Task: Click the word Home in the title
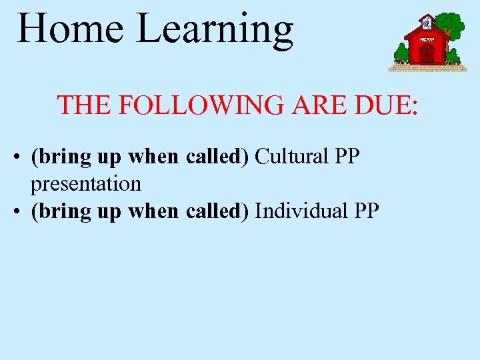(70, 29)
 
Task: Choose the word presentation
(86, 183)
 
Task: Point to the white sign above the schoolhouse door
(427, 40)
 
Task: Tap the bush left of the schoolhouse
(401, 53)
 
